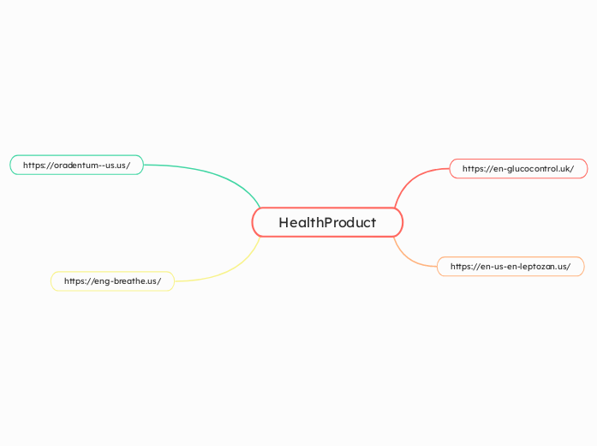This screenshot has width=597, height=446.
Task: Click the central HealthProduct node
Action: (x=327, y=223)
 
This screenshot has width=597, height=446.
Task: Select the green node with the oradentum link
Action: (x=76, y=165)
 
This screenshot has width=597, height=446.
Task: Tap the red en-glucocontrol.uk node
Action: (x=518, y=169)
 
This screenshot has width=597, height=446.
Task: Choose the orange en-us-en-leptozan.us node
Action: (x=510, y=267)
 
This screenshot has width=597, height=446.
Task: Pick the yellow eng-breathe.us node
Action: (x=112, y=281)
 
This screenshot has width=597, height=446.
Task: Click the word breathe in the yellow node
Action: (x=128, y=281)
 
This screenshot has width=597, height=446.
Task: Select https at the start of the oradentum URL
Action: (x=36, y=165)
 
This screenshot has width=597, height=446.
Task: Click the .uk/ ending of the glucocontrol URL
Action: (x=566, y=169)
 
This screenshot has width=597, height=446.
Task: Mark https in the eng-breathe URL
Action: (x=76, y=281)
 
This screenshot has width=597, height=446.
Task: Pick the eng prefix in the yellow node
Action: (x=101, y=281)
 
